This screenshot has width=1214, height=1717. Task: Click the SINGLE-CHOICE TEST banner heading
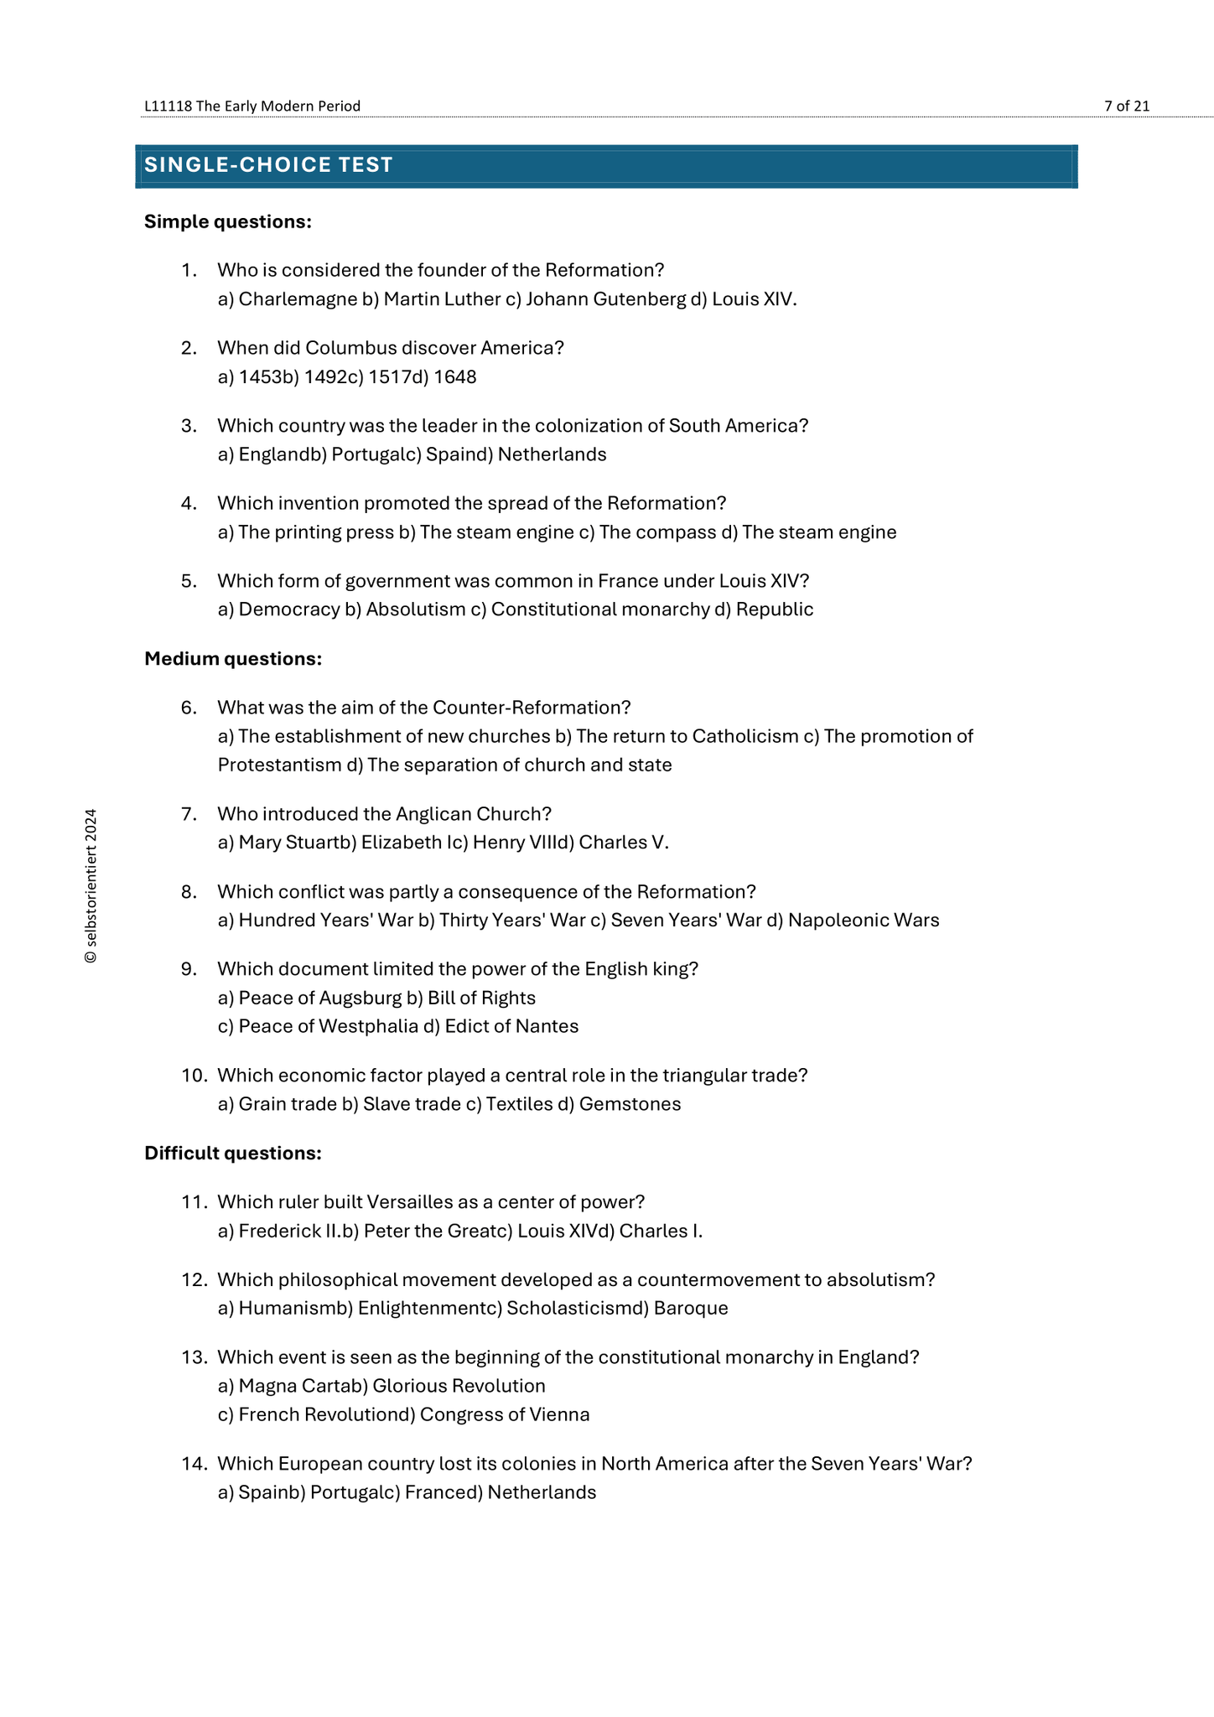(x=268, y=165)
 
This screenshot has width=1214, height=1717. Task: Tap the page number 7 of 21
(x=1126, y=106)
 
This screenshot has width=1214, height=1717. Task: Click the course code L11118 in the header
(x=168, y=106)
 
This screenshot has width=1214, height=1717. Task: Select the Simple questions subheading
(x=227, y=221)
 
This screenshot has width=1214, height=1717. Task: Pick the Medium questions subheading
(x=232, y=659)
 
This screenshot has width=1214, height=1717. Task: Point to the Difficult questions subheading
(x=232, y=1154)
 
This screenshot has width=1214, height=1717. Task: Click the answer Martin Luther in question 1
(x=442, y=299)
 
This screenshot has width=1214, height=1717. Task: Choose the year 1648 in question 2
(x=455, y=377)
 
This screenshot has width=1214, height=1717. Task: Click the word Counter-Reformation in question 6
(x=531, y=708)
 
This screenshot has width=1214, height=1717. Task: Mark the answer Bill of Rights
(x=481, y=998)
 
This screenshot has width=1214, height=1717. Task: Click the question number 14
(x=193, y=1464)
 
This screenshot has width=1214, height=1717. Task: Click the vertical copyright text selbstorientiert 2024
(x=91, y=886)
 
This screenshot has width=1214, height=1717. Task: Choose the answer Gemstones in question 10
(x=630, y=1104)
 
